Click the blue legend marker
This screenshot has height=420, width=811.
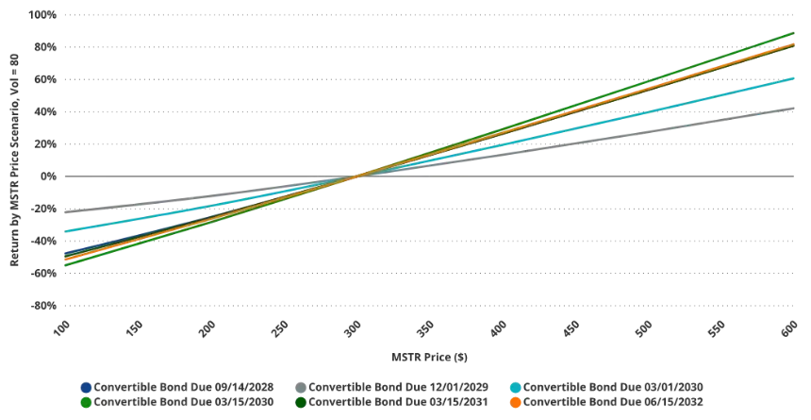point(87,387)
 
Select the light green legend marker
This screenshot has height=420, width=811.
point(87,402)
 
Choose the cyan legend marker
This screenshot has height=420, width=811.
point(515,387)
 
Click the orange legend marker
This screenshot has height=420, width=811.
point(515,402)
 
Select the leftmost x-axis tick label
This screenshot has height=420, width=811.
point(64,328)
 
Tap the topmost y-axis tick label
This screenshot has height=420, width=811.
point(43,14)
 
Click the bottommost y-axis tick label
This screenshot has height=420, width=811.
point(43,302)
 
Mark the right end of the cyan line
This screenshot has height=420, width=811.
point(798,77)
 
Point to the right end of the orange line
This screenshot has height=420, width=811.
point(798,42)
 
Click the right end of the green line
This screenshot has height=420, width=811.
point(798,32)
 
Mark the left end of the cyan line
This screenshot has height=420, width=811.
point(63,231)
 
